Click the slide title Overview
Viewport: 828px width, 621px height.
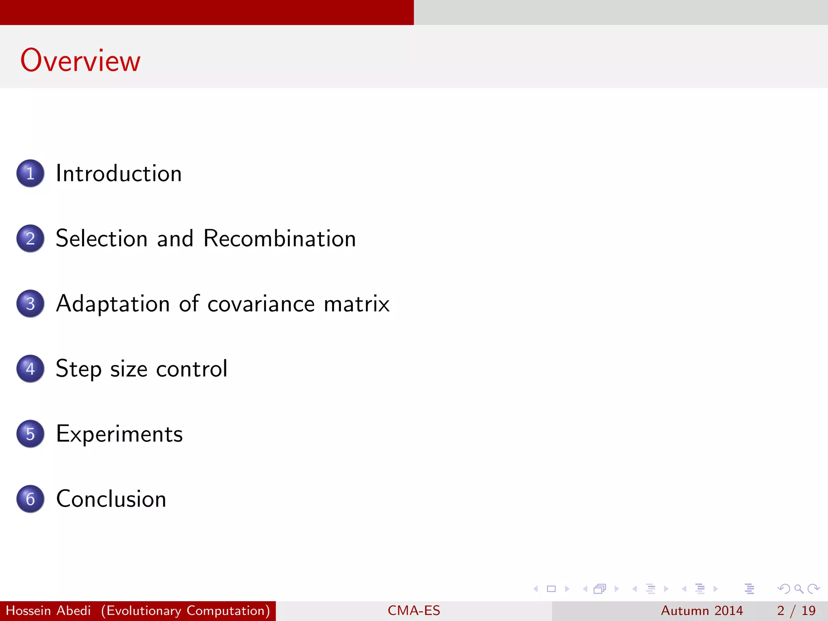[x=80, y=61]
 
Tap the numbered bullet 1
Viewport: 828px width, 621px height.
[x=30, y=173]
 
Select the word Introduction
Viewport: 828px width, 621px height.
[x=118, y=173]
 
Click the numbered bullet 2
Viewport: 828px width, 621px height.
[x=30, y=239]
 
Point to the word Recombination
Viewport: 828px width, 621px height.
[x=279, y=239]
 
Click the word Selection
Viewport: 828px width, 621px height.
[x=101, y=239]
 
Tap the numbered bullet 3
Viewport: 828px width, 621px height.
[x=30, y=304]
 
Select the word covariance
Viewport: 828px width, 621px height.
[x=261, y=304]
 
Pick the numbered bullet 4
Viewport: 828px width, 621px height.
[x=30, y=369]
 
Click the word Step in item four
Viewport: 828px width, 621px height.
[x=78, y=369]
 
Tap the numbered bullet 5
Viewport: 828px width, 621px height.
[x=30, y=434]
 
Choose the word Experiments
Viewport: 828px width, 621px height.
[x=119, y=434]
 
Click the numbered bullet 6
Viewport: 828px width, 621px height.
[x=30, y=499]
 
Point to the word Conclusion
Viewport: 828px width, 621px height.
[x=111, y=499]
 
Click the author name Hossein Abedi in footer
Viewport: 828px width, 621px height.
[x=48, y=610]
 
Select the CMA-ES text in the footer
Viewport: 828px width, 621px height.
[x=414, y=610]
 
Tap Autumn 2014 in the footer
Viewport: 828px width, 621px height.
[x=702, y=610]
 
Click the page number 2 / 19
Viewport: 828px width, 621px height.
[x=796, y=610]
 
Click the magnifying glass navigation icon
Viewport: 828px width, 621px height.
[x=798, y=589]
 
